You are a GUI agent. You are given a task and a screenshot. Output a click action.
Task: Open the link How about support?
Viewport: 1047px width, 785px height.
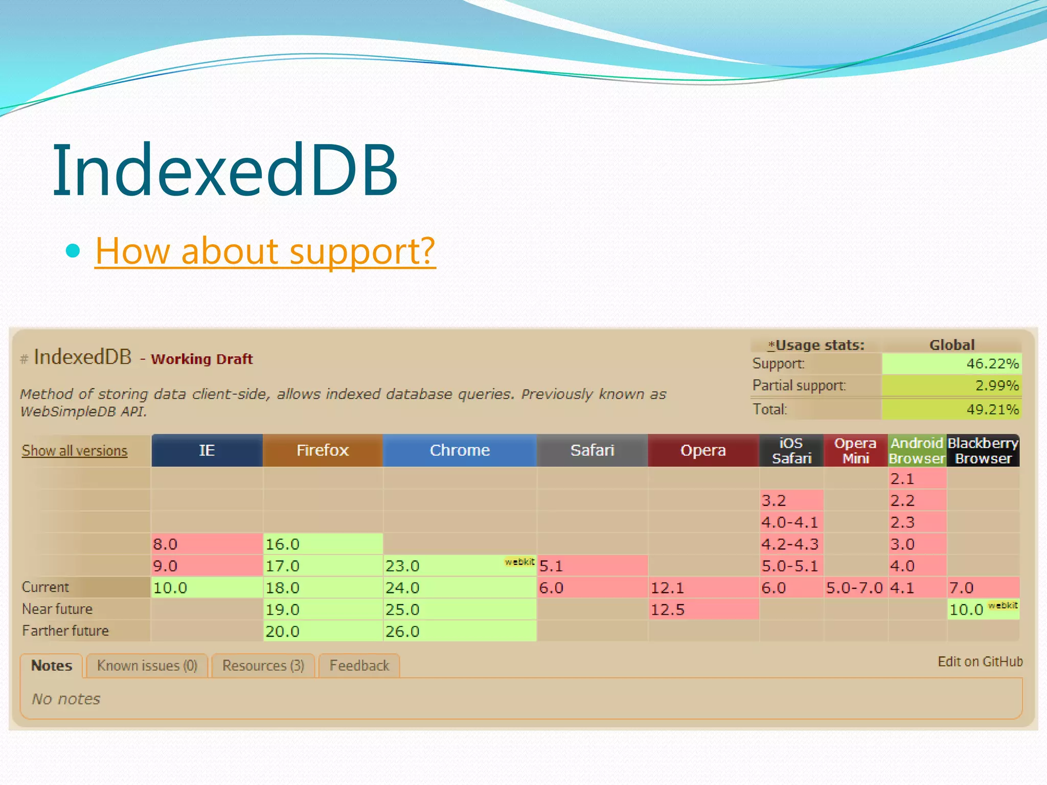coord(265,251)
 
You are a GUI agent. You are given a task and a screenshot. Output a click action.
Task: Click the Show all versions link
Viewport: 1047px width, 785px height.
coord(75,451)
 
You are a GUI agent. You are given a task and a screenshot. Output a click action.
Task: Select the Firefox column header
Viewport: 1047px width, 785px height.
coord(322,450)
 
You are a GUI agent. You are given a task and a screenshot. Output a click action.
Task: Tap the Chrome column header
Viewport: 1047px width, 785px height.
coord(459,450)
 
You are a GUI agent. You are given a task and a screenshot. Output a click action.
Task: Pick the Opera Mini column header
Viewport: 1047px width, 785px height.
coord(855,450)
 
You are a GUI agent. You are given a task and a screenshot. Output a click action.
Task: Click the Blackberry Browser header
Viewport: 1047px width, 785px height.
coord(983,450)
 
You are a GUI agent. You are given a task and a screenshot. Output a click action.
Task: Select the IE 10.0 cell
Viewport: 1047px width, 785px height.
coord(207,588)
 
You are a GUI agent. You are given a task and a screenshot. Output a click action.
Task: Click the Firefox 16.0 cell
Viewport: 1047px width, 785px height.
coord(322,544)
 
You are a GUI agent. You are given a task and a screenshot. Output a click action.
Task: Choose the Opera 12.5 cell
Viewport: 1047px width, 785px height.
coord(703,610)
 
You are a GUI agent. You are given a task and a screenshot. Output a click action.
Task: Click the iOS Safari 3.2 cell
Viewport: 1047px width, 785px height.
coord(791,500)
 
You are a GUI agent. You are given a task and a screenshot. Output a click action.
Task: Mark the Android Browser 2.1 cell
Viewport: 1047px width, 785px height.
coord(917,479)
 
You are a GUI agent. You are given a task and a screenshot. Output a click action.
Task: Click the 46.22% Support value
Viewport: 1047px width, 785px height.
coord(951,364)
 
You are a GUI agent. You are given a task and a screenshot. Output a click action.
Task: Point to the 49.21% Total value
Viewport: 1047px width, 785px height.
coord(951,409)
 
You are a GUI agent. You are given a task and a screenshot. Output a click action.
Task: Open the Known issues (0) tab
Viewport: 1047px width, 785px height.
coord(147,666)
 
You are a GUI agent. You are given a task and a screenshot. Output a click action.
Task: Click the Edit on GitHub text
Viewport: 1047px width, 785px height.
coord(980,662)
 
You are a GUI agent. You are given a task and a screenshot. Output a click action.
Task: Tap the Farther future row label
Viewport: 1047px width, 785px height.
coord(65,631)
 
